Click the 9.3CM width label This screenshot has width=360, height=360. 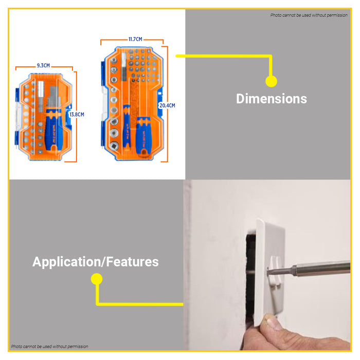click(43, 65)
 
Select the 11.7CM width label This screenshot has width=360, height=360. click(135, 39)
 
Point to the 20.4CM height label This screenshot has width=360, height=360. click(167, 105)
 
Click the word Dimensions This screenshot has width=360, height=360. click(271, 99)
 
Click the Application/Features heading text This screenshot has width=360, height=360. click(96, 262)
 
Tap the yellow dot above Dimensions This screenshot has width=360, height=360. click(271, 81)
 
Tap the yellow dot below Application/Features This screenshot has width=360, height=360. click(96, 279)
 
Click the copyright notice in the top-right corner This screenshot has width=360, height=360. click(309, 15)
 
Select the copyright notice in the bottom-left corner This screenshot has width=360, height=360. click(50, 347)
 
